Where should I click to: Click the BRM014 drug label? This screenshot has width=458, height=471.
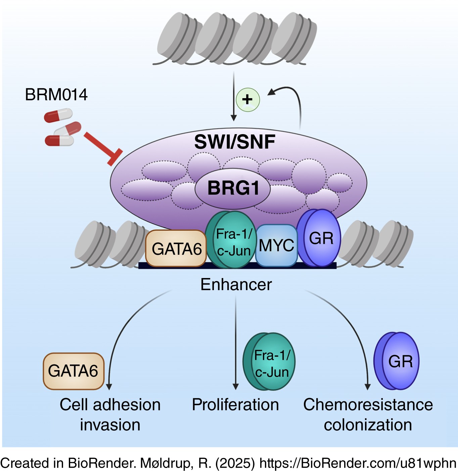[x=56, y=94]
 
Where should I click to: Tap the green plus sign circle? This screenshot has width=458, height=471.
[x=248, y=100]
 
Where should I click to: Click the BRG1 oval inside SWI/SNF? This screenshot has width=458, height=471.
[x=233, y=188]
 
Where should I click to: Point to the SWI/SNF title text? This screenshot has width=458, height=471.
[x=235, y=142]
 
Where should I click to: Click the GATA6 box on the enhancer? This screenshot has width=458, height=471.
[x=176, y=249]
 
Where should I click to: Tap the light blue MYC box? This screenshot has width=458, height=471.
[x=276, y=245]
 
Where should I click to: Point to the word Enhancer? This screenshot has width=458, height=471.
[x=236, y=284]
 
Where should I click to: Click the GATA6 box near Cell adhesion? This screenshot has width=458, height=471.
[x=73, y=371]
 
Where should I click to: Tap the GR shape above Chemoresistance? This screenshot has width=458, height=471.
[x=398, y=361]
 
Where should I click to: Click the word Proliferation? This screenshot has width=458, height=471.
[x=235, y=404]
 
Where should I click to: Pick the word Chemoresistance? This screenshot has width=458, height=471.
[x=368, y=404]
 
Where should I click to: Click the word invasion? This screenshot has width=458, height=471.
[x=110, y=425]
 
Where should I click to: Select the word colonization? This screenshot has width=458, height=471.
[x=368, y=425]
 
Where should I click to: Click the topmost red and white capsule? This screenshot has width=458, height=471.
[x=58, y=115]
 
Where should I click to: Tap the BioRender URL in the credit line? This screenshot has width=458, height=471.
[x=358, y=463]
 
